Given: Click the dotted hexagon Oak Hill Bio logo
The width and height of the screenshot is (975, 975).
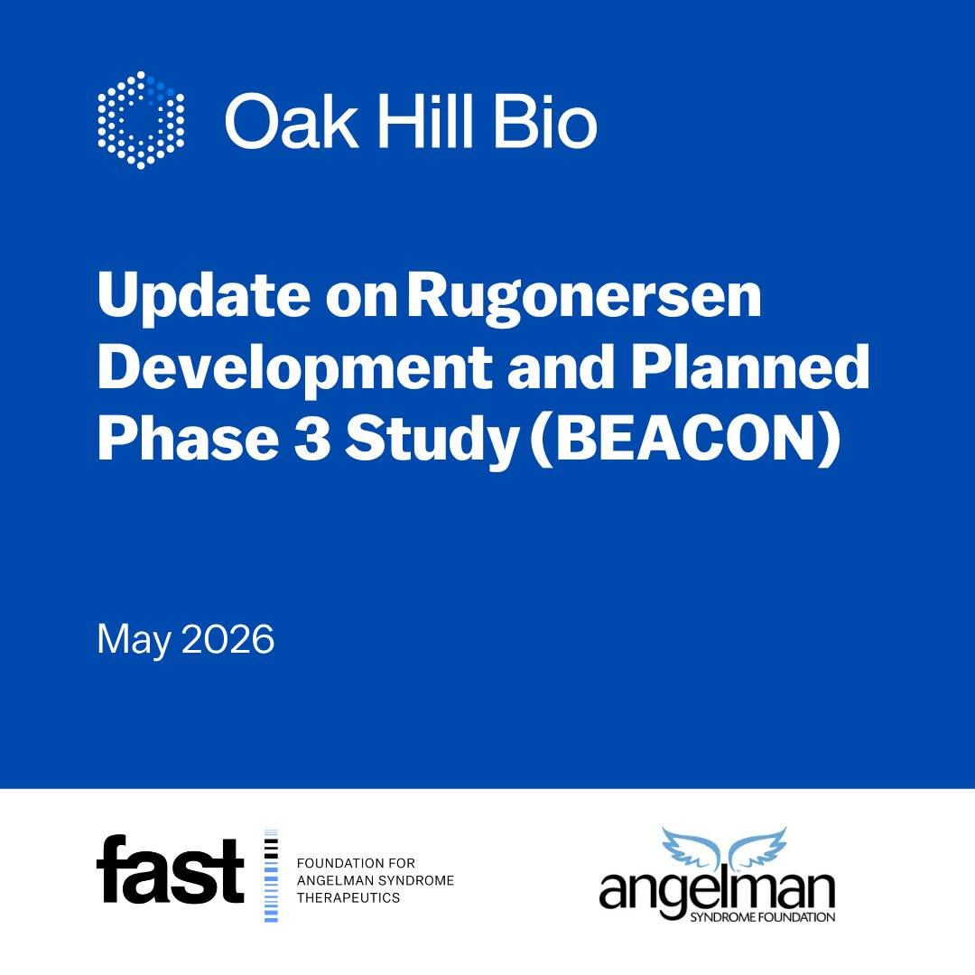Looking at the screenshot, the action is point(141,120).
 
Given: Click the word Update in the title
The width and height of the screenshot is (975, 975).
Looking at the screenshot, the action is point(204,297).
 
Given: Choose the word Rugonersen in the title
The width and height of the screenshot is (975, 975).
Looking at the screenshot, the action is point(584,297).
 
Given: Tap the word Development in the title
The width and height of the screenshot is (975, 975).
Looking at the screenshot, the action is point(295,368).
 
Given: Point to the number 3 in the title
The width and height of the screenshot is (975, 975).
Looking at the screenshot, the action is point(312,438).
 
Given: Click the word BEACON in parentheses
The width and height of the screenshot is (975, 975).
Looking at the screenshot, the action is point(684,438).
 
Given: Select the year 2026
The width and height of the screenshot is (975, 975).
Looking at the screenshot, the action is point(228,639).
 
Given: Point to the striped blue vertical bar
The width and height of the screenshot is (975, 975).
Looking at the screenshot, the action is point(271,876).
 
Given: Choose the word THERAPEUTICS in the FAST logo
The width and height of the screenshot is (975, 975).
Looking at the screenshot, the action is point(348,898).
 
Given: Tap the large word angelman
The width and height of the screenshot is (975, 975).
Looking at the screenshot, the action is point(717,891).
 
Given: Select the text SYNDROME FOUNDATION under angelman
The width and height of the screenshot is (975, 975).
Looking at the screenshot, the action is point(762,916).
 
